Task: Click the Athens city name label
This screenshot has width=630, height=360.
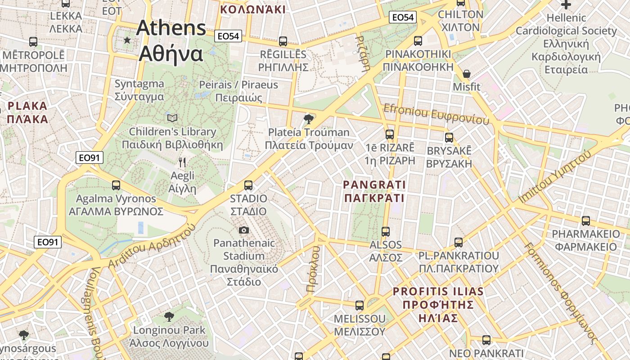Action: pyautogui.click(x=171, y=40)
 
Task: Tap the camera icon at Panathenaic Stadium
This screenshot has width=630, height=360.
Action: pyautogui.click(x=244, y=230)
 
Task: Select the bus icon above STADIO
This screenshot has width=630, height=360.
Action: pyautogui.click(x=248, y=185)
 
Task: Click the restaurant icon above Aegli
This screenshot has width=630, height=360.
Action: pyautogui.click(x=182, y=162)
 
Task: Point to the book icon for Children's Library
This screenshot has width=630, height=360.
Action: pyautogui.click(x=172, y=118)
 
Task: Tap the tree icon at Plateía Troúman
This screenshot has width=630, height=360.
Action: pyautogui.click(x=308, y=119)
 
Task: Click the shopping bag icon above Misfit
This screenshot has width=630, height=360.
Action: pyautogui.click(x=467, y=73)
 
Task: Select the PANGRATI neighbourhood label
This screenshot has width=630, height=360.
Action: pyautogui.click(x=374, y=191)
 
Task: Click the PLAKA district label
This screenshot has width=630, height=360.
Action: pyautogui.click(x=27, y=112)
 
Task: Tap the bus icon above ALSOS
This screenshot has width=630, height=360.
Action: pyautogui.click(x=386, y=232)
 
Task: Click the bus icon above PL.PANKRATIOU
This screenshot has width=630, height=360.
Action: pyautogui.click(x=458, y=243)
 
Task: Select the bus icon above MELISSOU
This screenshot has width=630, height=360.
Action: pyautogui.click(x=359, y=306)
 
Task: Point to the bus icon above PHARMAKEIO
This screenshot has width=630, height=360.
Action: pyautogui.click(x=585, y=221)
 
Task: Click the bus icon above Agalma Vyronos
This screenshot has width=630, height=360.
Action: pyautogui.click(x=116, y=185)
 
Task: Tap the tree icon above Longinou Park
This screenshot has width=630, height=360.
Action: pyautogui.click(x=169, y=317)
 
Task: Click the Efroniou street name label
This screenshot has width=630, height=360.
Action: pyautogui.click(x=436, y=114)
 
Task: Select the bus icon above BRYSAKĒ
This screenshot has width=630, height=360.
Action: pyautogui.click(x=449, y=138)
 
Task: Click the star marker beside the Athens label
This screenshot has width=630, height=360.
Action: pyautogui.click(x=127, y=40)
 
